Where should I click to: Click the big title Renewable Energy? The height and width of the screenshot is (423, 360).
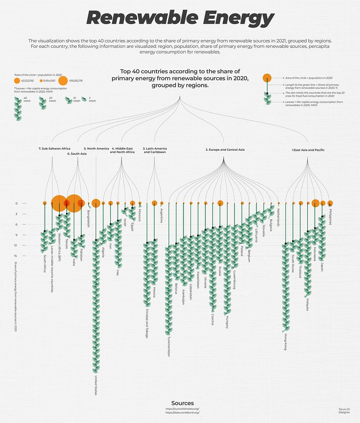(180, 18)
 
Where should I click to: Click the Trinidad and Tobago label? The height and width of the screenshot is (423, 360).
(147, 323)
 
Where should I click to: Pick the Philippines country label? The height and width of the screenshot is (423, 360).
(330, 217)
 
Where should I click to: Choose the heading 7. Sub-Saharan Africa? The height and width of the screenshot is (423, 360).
(54, 148)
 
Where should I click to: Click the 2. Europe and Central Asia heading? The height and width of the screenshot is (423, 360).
(225, 150)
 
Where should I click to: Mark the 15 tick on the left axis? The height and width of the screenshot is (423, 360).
(16, 256)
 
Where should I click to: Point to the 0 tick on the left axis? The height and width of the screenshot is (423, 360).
(16, 203)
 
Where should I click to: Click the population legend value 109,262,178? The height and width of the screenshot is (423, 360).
(76, 81)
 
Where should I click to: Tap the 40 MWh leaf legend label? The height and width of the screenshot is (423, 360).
(26, 99)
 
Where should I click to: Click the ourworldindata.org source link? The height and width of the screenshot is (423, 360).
(182, 409)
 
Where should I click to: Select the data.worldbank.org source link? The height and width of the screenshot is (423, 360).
(182, 413)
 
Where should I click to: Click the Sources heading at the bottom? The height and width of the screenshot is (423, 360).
(182, 403)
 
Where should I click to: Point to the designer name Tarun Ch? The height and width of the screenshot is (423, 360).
(344, 409)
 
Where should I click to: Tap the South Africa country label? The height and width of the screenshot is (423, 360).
(45, 264)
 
